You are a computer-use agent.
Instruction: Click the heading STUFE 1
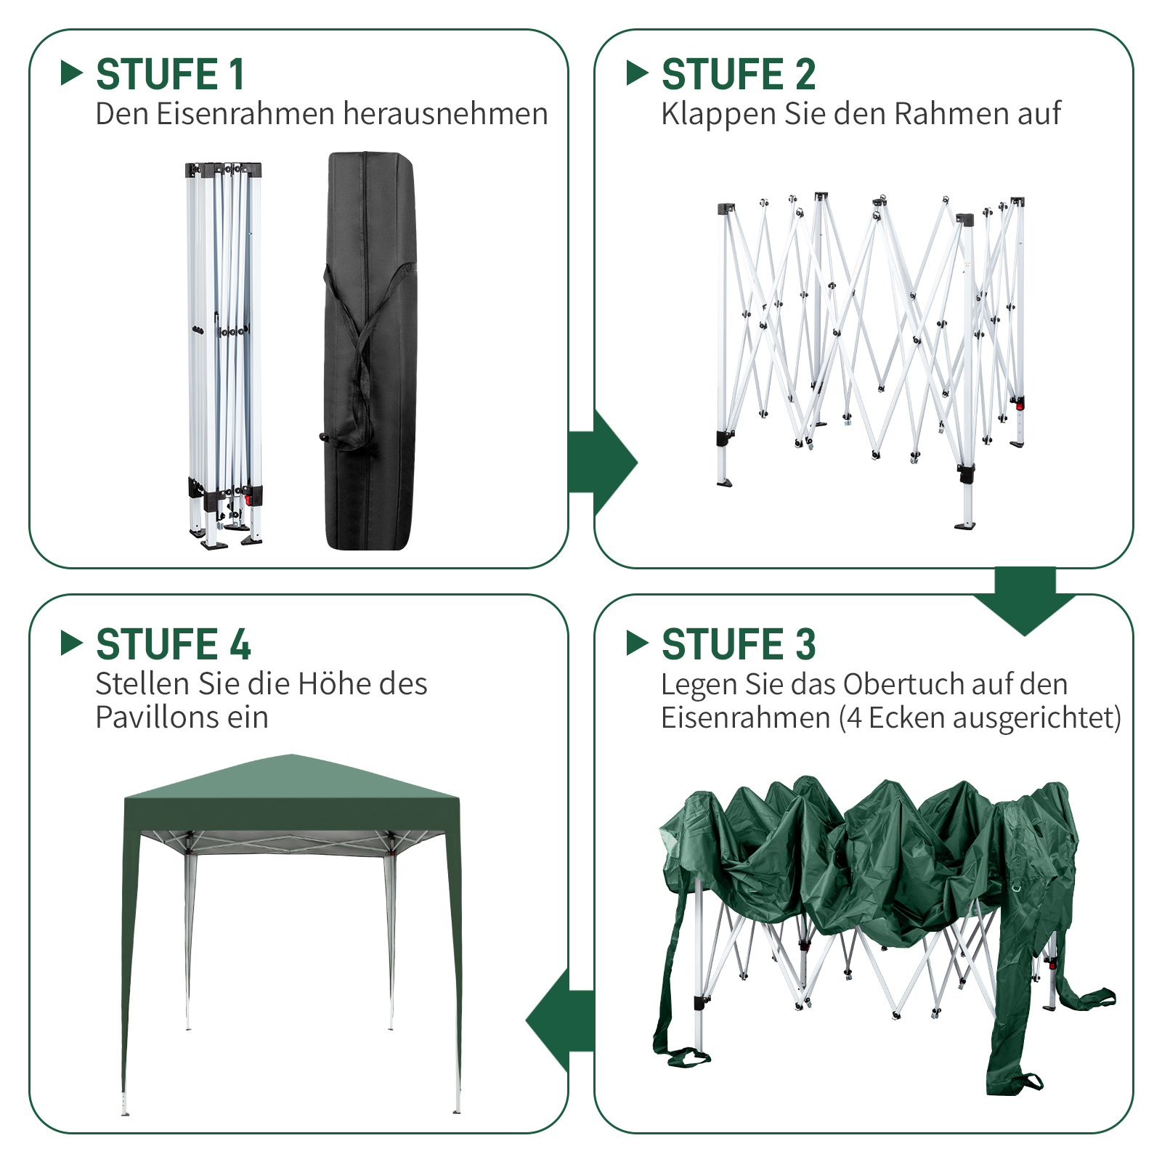pyautogui.click(x=170, y=74)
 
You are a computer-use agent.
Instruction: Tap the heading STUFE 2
pyautogui.click(x=739, y=74)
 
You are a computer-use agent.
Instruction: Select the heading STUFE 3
pyautogui.click(x=739, y=644)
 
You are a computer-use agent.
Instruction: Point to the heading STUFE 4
pyautogui.click(x=174, y=644)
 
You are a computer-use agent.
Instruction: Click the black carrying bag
pyautogui.click(x=370, y=351)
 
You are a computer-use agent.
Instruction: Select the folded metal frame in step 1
pyautogui.click(x=224, y=355)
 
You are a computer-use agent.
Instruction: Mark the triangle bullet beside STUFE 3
pyautogui.click(x=637, y=643)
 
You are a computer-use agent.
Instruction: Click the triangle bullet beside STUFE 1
pyautogui.click(x=71, y=73)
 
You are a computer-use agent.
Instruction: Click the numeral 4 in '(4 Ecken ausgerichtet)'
pyautogui.click(x=855, y=718)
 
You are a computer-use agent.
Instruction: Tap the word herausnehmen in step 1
pyautogui.click(x=445, y=114)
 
